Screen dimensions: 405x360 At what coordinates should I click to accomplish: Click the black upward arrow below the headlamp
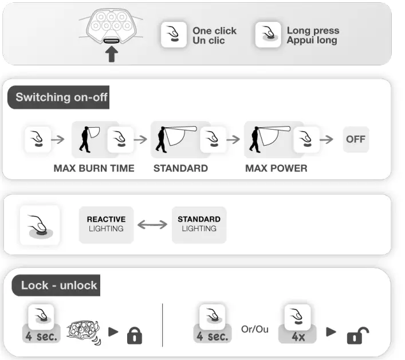pos(112,54)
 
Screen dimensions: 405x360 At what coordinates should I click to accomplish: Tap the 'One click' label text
pos(214,31)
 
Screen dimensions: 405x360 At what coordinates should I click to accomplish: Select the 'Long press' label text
pos(313,30)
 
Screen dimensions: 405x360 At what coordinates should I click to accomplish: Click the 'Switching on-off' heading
pos(61,97)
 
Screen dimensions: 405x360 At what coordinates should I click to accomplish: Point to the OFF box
pos(356,139)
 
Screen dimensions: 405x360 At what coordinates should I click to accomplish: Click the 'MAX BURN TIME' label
pos(94,168)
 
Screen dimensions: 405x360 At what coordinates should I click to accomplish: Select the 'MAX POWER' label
pos(276,168)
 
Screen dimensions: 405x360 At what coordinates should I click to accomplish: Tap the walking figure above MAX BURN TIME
pos(85,139)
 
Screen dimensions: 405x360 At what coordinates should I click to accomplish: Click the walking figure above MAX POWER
pos(255,139)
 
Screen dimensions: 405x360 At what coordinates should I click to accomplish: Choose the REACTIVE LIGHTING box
pos(106,225)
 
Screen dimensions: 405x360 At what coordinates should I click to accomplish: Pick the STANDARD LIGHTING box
pos(199,225)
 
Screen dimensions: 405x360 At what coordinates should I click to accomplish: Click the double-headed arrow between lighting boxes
pos(152,224)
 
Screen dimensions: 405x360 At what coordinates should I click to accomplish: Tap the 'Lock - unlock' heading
pos(59,285)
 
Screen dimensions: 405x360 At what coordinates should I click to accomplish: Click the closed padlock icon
pos(135,335)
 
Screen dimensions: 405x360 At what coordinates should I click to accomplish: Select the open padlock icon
pos(357,335)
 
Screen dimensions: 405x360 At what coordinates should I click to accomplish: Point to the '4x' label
pos(298,336)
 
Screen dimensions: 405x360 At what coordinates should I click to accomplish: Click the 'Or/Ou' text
pos(255,329)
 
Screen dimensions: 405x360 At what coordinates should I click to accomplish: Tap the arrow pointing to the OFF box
pos(327,139)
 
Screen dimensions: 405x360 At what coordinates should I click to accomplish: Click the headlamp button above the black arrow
pos(111,41)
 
